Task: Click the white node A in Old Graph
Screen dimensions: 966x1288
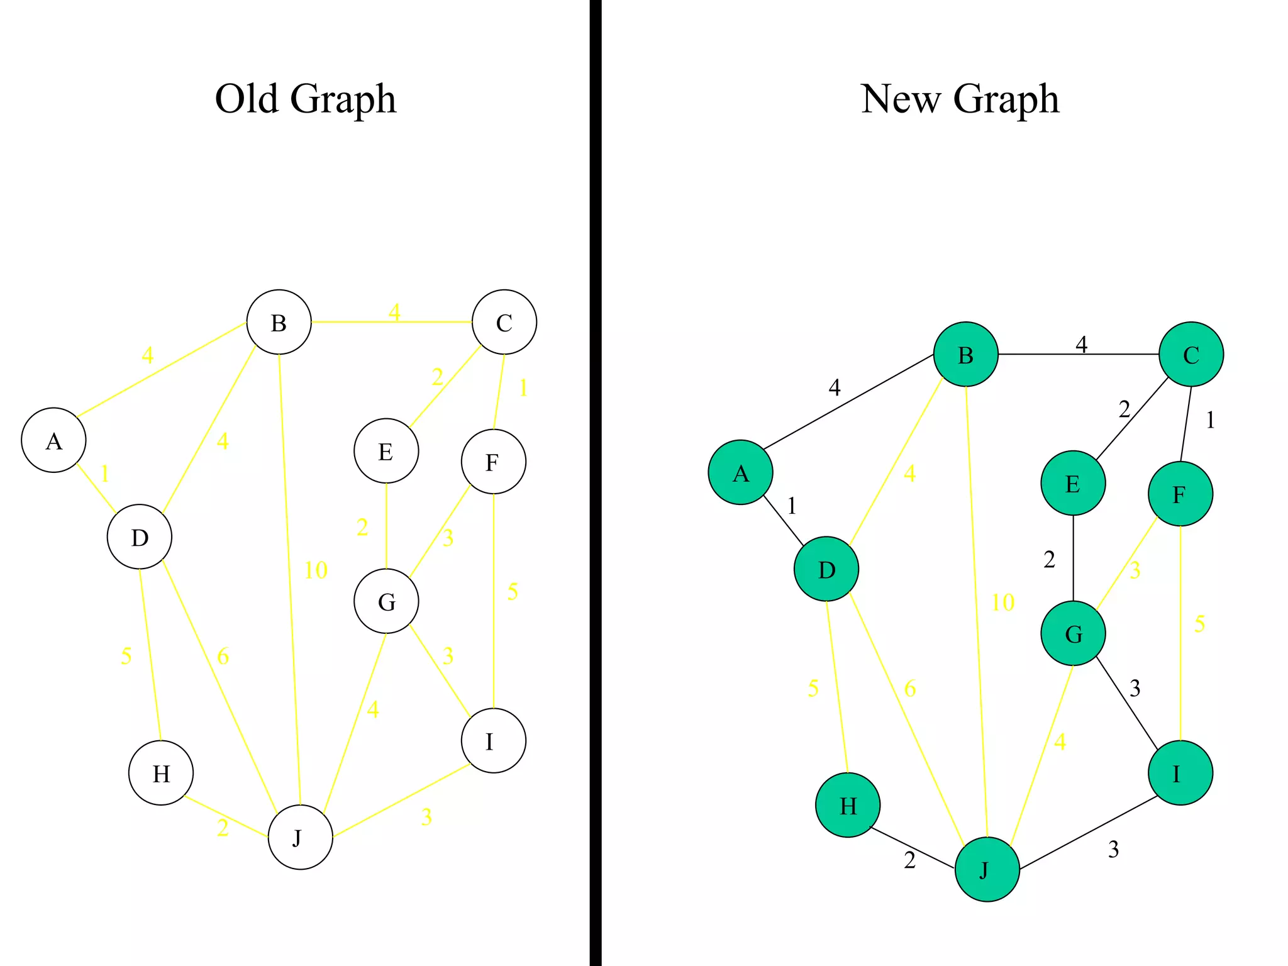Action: click(53, 440)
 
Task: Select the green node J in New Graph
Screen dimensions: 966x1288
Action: click(987, 869)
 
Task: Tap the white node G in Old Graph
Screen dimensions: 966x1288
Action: click(386, 601)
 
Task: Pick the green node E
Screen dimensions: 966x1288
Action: click(1073, 483)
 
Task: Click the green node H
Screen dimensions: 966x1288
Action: click(848, 805)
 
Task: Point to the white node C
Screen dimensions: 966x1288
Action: click(504, 322)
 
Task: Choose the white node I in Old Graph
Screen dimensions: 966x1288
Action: click(493, 741)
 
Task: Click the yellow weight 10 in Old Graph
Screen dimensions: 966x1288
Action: click(316, 570)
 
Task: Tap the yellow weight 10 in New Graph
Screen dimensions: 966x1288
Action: click(1002, 602)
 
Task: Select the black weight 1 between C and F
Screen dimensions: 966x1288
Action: click(1210, 420)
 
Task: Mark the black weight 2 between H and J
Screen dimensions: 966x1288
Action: click(909, 860)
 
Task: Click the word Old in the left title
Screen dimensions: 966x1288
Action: click(246, 99)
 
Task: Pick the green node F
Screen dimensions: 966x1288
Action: click(1180, 494)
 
